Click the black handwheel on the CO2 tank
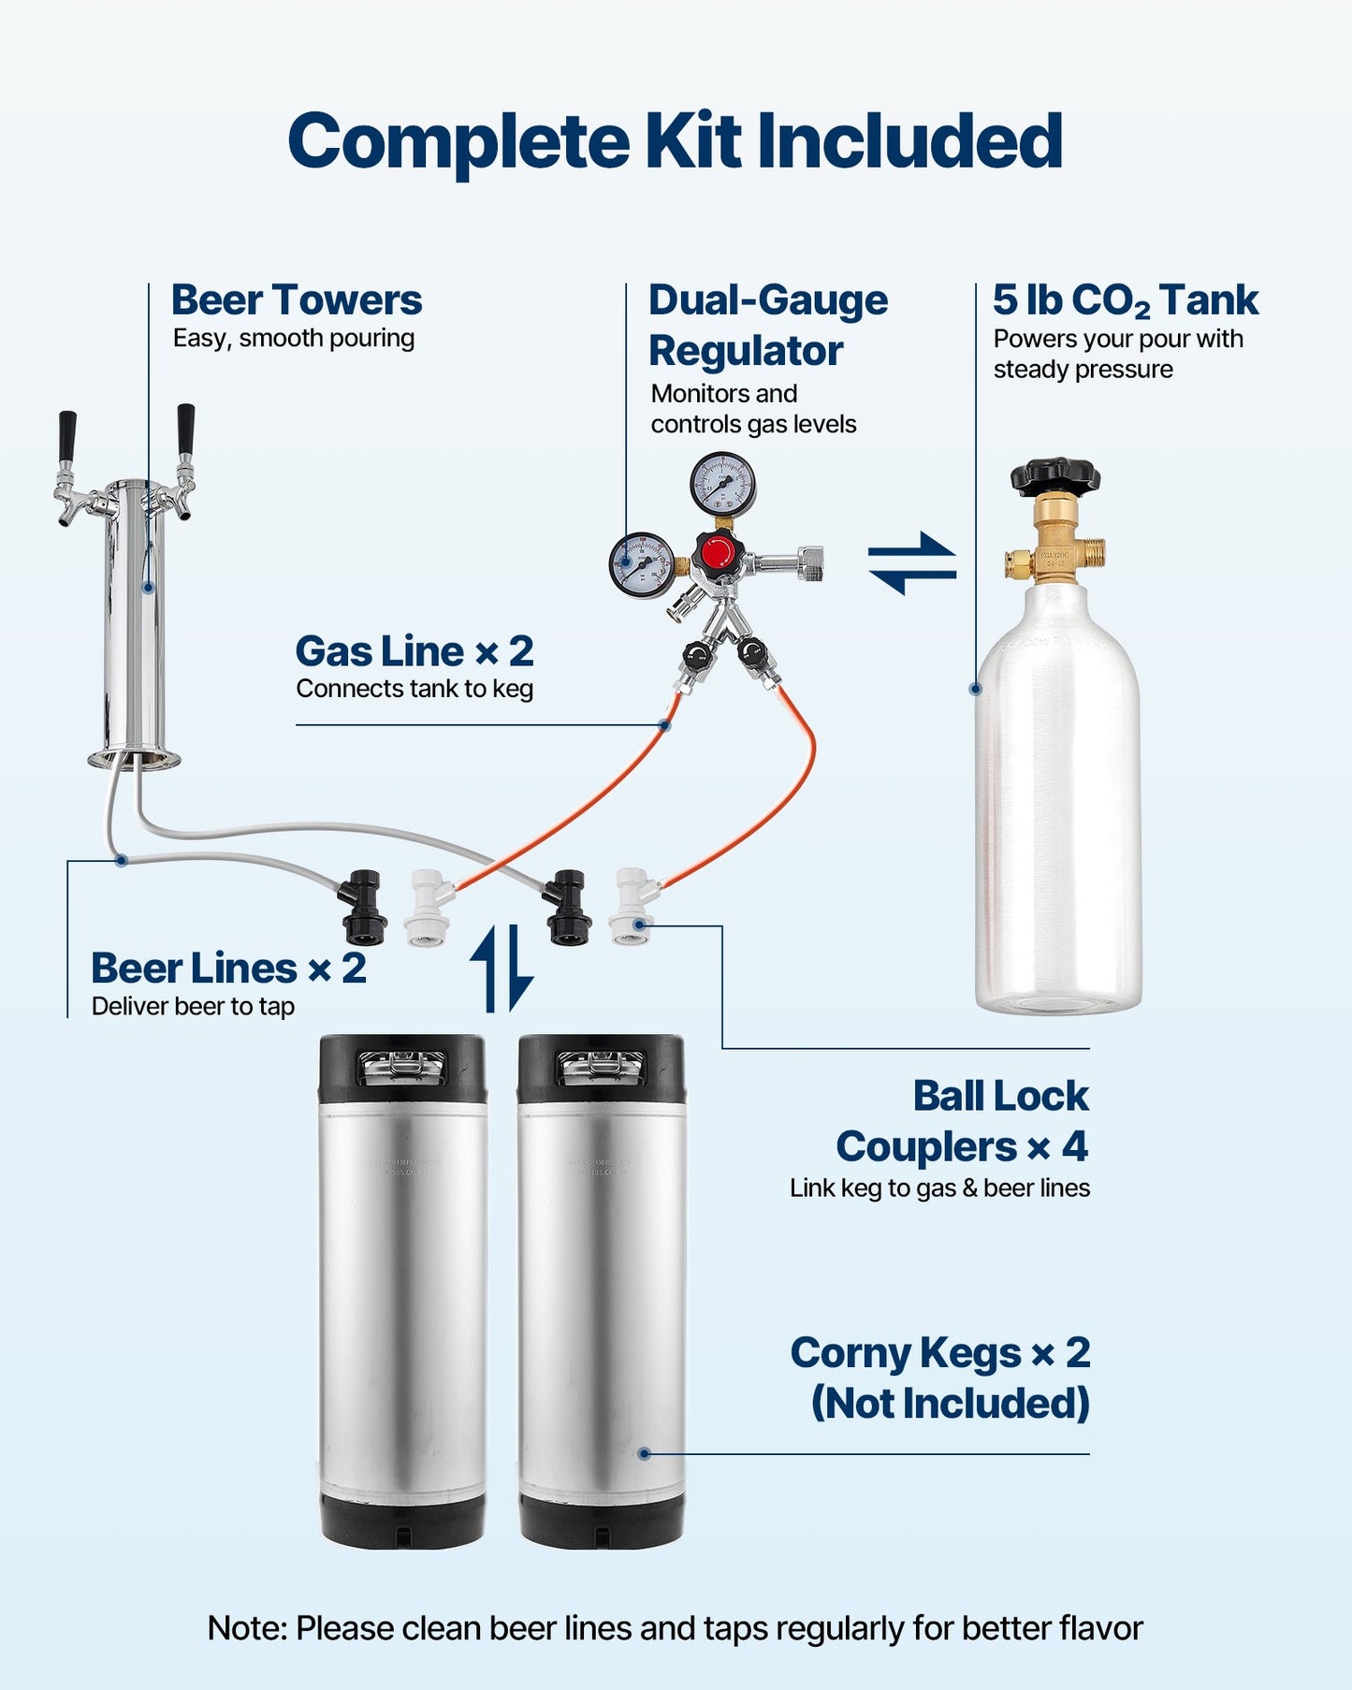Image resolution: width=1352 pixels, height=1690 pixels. pyautogui.click(x=1054, y=475)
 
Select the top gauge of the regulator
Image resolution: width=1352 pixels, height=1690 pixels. pyautogui.click(x=722, y=484)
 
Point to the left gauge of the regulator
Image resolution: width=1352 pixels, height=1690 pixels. pyautogui.click(x=642, y=563)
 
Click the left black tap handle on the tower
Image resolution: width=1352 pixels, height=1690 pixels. pyautogui.click(x=66, y=436)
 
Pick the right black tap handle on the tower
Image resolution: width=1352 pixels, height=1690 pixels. pyautogui.click(x=185, y=428)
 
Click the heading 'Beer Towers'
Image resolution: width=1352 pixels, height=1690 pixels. pyautogui.click(x=296, y=300)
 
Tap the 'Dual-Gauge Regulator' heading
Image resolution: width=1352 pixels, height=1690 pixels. pyautogui.click(x=767, y=326)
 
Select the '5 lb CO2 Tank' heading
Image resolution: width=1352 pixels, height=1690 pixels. pyautogui.click(x=1125, y=300)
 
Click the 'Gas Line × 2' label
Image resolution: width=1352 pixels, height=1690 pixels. pyautogui.click(x=414, y=651)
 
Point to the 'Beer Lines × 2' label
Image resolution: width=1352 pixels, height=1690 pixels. pyautogui.click(x=228, y=969)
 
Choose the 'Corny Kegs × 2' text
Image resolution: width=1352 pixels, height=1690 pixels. pyautogui.click(x=939, y=1353)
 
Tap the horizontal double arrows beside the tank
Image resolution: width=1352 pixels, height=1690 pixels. pyautogui.click(x=912, y=563)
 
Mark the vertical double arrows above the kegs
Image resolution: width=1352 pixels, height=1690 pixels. pyautogui.click(x=502, y=969)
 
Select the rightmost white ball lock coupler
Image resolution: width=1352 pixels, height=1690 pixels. pyautogui.click(x=631, y=906)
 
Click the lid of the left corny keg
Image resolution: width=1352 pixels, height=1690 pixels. pyautogui.click(x=402, y=1065)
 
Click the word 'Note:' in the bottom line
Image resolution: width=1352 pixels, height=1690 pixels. pyautogui.click(x=247, y=1628)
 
